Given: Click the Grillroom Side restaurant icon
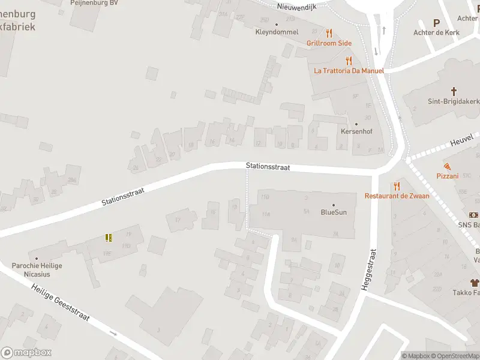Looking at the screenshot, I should tap(329, 34).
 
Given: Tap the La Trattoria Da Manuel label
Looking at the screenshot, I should tap(349, 70).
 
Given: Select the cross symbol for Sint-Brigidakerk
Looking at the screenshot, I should tap(454, 92).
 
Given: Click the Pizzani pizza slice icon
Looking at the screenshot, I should tap(448, 166).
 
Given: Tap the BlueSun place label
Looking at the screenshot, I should tap(334, 212).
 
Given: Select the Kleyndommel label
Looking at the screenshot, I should tap(277, 32).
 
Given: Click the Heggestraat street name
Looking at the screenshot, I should tap(368, 270).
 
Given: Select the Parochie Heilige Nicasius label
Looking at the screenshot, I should tap(37, 269).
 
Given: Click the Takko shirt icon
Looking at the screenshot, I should tap(475, 283).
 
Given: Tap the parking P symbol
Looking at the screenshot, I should tap(436, 22).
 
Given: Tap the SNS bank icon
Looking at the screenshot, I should tap(474, 215).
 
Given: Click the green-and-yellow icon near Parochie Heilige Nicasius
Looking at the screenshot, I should tap(109, 238).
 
